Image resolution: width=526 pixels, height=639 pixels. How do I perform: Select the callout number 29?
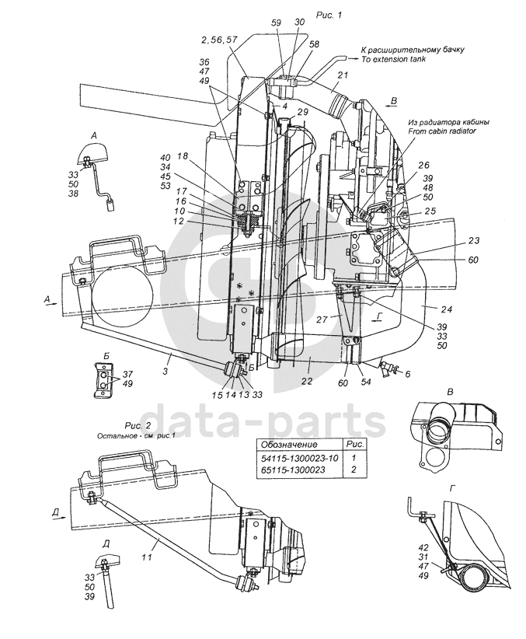[x=301, y=113]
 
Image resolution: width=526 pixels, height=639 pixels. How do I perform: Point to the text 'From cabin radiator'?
[x=441, y=131]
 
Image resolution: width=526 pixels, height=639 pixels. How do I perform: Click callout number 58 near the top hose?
[x=315, y=45]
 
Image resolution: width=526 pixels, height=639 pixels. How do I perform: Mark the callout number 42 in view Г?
[x=423, y=547]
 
